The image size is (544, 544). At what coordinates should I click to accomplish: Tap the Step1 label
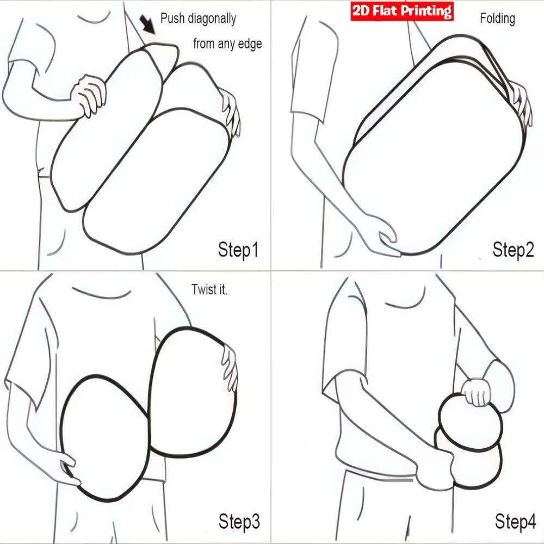tap(238, 250)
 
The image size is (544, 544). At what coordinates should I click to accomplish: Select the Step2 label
tap(513, 250)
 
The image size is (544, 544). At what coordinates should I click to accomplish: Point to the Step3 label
tap(239, 522)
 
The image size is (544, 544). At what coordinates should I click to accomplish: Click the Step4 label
tap(515, 522)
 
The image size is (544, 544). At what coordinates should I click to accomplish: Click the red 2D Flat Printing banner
tap(402, 11)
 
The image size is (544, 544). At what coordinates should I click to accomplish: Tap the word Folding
tap(497, 18)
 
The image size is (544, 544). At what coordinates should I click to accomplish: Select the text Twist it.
tap(209, 289)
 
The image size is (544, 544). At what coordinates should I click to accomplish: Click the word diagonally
tap(212, 18)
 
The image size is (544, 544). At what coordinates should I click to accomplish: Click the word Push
tap(172, 18)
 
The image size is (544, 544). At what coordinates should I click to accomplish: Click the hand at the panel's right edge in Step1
tap(230, 113)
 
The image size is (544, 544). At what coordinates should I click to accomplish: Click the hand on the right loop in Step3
tap(230, 368)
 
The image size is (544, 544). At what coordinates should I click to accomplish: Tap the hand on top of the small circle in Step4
tap(478, 392)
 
